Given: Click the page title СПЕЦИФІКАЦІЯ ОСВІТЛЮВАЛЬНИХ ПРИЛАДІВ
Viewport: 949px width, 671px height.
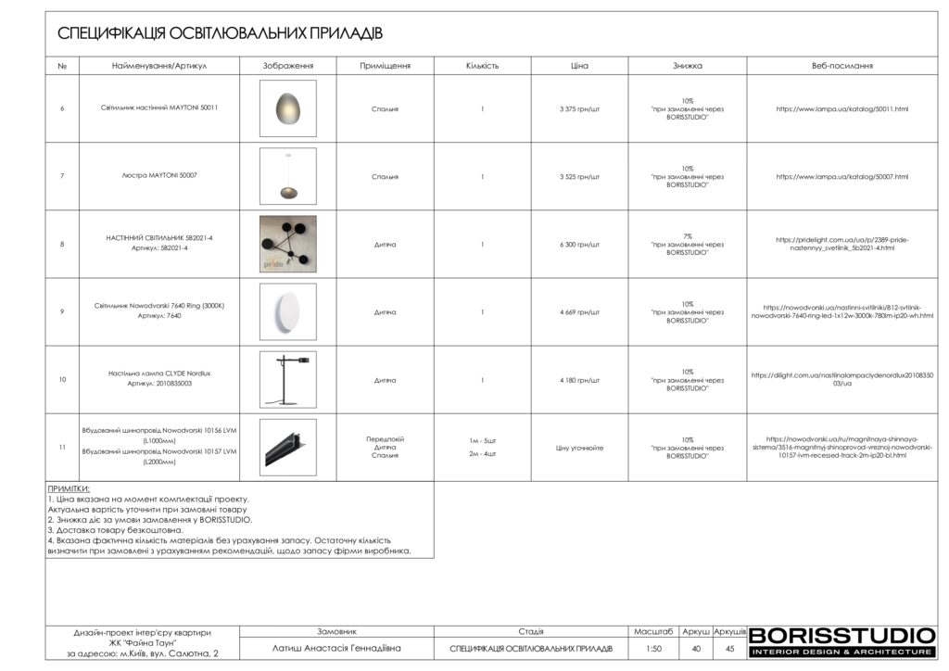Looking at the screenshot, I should pyautogui.click(x=220, y=33).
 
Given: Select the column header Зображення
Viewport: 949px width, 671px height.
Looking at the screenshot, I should pyautogui.click(x=288, y=66).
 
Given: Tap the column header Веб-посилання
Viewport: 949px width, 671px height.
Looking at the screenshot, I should pyautogui.click(x=841, y=66).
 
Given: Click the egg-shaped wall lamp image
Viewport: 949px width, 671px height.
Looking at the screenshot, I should pyautogui.click(x=287, y=108).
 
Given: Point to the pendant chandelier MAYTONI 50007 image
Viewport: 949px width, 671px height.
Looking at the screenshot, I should pyautogui.click(x=287, y=176).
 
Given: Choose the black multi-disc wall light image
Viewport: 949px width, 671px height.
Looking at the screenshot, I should pyautogui.click(x=287, y=244).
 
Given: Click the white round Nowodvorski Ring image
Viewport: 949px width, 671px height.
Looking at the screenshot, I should pyautogui.click(x=287, y=311).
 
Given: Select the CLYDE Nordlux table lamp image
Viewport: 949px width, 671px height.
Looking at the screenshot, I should pyautogui.click(x=287, y=379).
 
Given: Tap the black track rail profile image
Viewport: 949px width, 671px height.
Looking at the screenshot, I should pyautogui.click(x=287, y=447).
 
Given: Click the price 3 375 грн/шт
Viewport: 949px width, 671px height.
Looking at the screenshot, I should pyautogui.click(x=579, y=108).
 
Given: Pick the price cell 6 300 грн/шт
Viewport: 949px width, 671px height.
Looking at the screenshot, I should pyautogui.click(x=579, y=245).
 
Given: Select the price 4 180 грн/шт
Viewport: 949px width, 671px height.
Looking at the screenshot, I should pyautogui.click(x=579, y=380).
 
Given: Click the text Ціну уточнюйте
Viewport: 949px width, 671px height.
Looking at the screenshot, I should pyautogui.click(x=579, y=448).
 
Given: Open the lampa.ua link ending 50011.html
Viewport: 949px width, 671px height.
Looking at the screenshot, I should pyautogui.click(x=841, y=108).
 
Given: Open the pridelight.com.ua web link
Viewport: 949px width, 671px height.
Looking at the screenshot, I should pyautogui.click(x=841, y=245).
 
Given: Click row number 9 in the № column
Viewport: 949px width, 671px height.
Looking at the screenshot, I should pyautogui.click(x=62, y=312).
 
